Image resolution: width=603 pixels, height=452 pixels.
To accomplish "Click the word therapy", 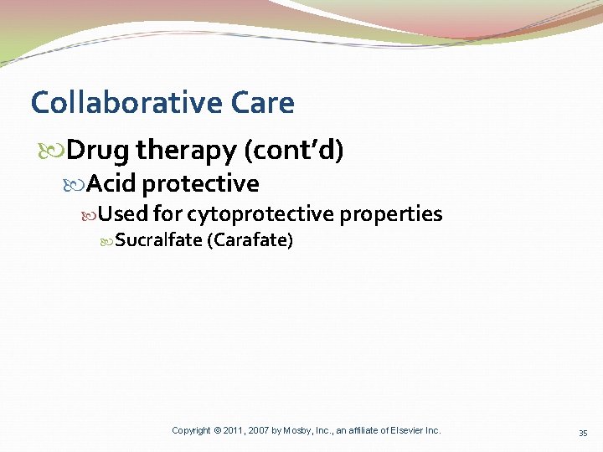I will (186, 151).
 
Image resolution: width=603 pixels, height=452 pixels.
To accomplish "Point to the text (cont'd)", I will (294, 151).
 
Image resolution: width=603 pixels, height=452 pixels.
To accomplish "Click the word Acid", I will (111, 183).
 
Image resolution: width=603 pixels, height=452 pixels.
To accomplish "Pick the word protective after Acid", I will (200, 183).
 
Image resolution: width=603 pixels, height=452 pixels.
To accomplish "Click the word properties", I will (390, 214).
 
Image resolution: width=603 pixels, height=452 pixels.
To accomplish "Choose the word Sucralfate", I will (158, 241).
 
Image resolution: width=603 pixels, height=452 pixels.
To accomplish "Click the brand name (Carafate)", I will (250, 241).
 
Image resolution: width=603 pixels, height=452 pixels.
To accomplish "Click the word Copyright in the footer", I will (191, 430).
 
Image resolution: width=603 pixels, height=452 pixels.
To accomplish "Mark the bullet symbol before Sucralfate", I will (106, 242).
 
